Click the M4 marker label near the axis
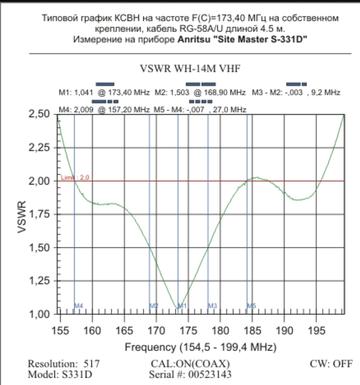79,306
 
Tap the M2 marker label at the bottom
154,306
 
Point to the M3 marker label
212,306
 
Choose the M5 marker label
251,306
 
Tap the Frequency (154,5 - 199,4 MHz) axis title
200,347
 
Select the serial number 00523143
212,374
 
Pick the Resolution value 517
92,364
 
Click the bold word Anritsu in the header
196,39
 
